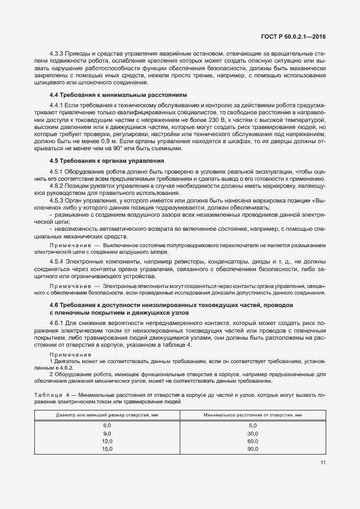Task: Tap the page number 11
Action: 322,463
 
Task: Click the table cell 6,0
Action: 107,425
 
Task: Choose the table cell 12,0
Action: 107,441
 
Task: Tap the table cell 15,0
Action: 107,449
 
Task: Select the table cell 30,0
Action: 253,433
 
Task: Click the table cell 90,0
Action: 253,449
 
